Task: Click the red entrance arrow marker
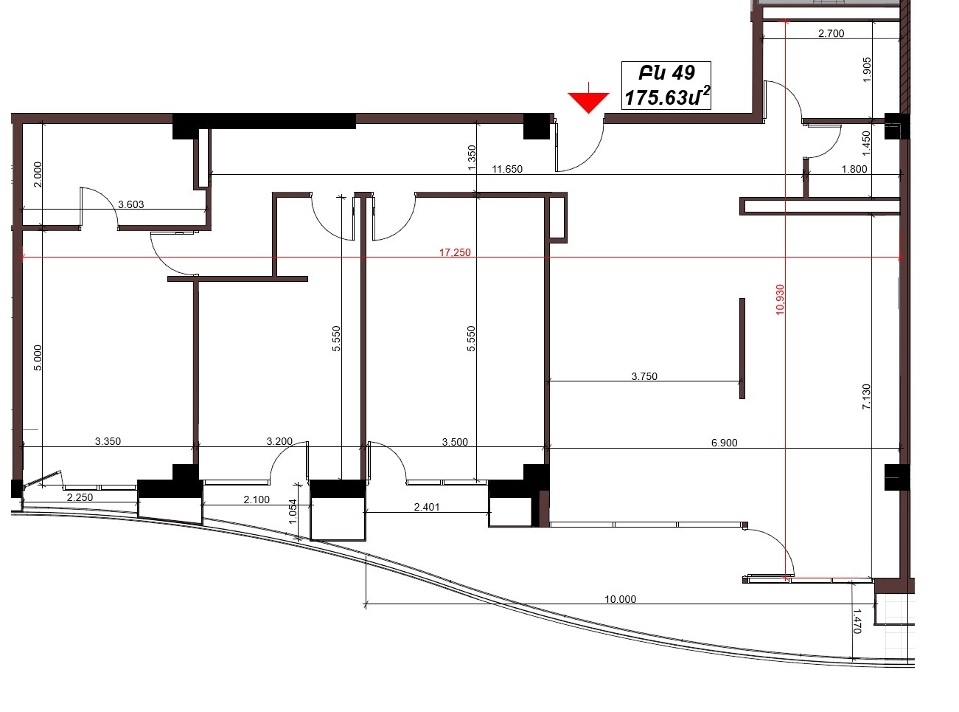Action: click(x=588, y=101)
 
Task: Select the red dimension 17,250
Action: click(x=455, y=252)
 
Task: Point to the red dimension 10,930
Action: click(x=780, y=300)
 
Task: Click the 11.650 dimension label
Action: click(x=507, y=169)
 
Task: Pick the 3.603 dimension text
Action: click(x=131, y=204)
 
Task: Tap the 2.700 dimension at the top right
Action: click(x=831, y=33)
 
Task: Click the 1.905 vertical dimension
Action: click(x=867, y=70)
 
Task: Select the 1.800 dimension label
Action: click(x=854, y=169)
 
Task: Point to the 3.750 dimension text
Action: click(x=644, y=376)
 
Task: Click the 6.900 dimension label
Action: click(x=724, y=443)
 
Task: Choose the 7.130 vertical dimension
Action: click(x=866, y=396)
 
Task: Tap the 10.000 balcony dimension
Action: click(x=620, y=599)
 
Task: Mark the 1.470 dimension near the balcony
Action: click(x=857, y=621)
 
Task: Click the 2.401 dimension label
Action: click(x=427, y=507)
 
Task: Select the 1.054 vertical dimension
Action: click(x=293, y=511)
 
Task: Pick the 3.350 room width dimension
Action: click(x=108, y=441)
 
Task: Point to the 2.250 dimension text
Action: click(x=80, y=497)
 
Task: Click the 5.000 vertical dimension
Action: click(x=38, y=358)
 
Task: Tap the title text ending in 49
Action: click(x=666, y=73)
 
